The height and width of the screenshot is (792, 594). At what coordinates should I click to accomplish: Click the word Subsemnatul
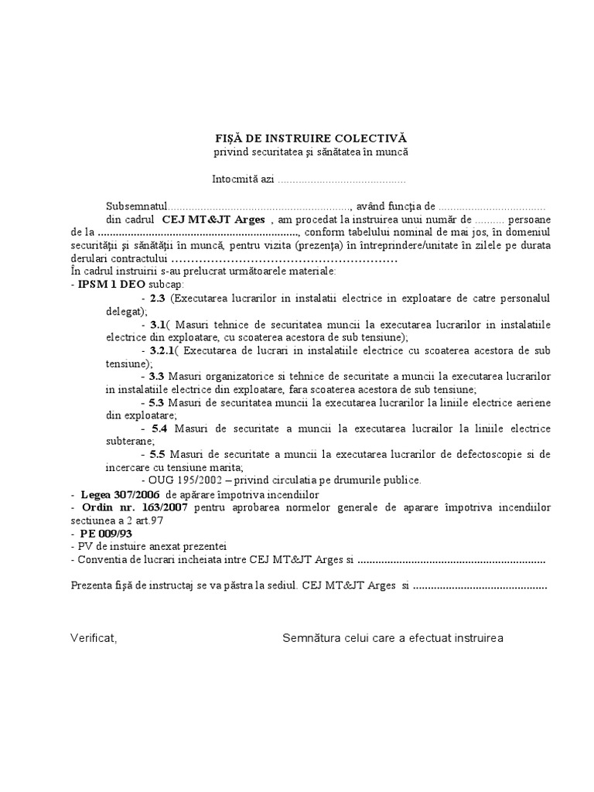coord(137,207)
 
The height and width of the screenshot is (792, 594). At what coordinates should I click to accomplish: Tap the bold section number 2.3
coord(158,298)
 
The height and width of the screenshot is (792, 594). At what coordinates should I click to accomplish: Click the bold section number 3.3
coord(158,376)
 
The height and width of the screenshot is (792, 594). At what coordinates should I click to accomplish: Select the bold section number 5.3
coord(158,402)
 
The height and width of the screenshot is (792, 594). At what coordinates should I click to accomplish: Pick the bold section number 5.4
coord(159,428)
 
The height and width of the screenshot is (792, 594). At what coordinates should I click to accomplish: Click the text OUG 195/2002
coord(184,480)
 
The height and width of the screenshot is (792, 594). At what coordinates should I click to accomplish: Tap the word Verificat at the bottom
coord(93,638)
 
